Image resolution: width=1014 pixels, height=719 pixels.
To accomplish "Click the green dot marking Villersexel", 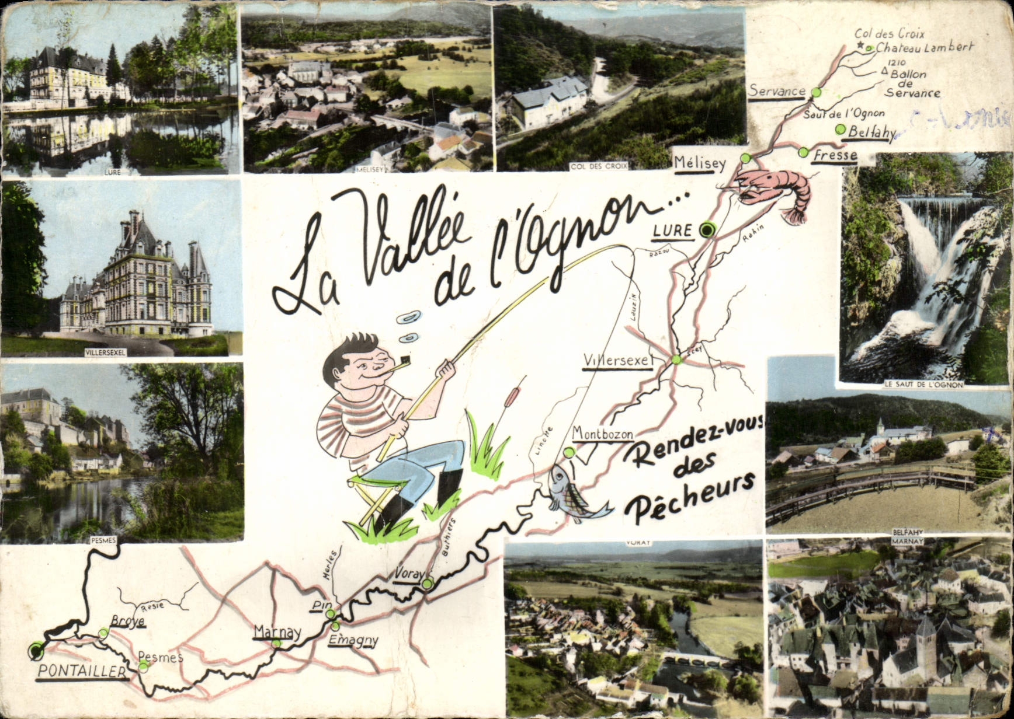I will [x=676, y=359].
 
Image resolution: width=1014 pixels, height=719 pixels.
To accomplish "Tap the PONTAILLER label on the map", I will [x=82, y=671].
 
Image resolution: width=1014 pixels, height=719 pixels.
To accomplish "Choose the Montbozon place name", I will [x=603, y=433].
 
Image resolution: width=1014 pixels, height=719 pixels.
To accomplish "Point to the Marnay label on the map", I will [x=277, y=631].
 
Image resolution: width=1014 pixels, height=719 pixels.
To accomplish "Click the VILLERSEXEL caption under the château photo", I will [x=105, y=352].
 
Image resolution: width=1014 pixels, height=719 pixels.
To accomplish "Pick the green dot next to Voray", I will [x=428, y=583].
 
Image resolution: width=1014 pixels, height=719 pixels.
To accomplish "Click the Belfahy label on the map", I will [x=871, y=132].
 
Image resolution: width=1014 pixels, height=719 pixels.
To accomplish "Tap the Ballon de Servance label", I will [x=912, y=83].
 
